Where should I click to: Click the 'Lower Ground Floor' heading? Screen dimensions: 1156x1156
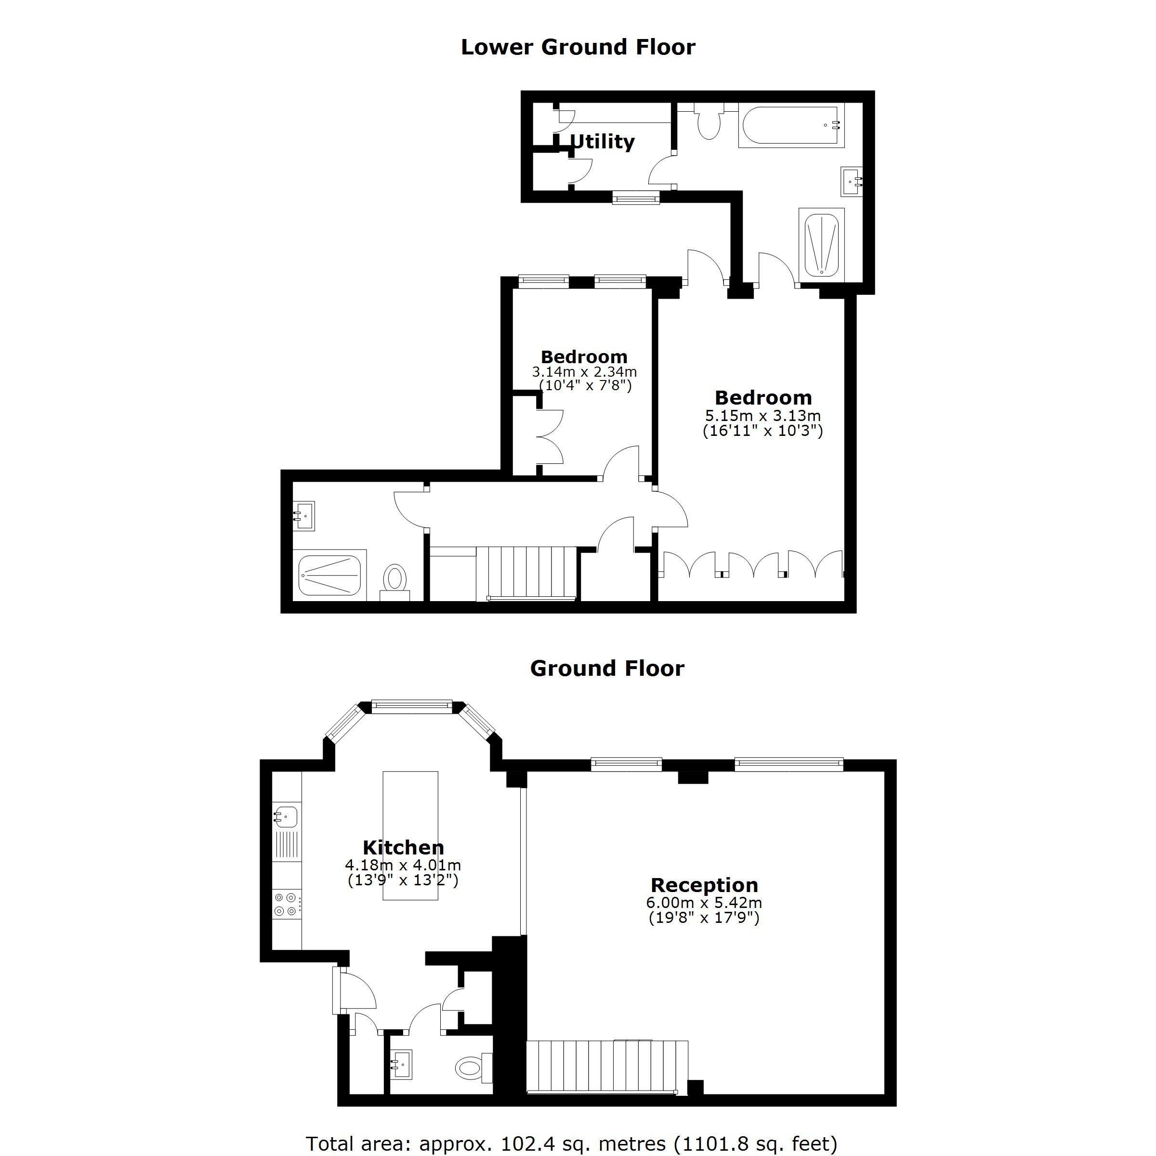[x=578, y=47]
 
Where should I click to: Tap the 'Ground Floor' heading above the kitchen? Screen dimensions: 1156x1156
[x=607, y=669]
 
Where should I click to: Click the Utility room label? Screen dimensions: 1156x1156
[x=602, y=142]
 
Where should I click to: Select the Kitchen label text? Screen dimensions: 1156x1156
[x=403, y=847]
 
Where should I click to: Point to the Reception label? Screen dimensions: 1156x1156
[x=704, y=885]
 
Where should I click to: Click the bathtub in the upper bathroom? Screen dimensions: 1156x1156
[x=791, y=125]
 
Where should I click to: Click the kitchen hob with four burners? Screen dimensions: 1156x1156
[x=286, y=904]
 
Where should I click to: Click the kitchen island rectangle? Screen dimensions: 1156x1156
[x=410, y=836]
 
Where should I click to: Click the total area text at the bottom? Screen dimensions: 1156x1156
[x=571, y=1143]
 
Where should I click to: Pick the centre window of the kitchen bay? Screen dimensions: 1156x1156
[x=412, y=706]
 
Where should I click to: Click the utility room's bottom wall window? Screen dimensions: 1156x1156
[x=636, y=197]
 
